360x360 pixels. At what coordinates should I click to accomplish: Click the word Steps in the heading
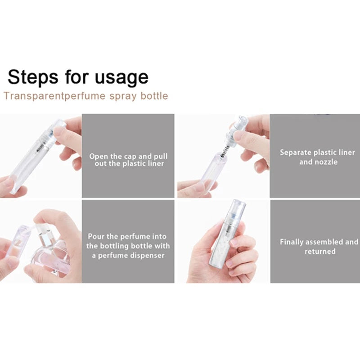pos(33,77)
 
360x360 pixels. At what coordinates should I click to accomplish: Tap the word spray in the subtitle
pos(123,96)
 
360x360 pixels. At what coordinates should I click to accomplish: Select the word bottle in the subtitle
pos(154,96)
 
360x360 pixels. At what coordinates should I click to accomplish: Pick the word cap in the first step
pos(130,157)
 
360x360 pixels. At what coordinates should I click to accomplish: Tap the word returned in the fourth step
pos(320,252)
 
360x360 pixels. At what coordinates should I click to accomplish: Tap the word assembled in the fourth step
pos(324,242)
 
